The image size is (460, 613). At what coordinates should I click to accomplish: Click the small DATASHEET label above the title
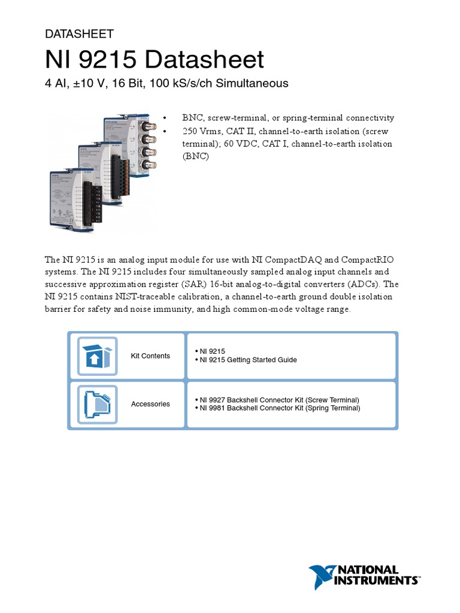[x=79, y=34]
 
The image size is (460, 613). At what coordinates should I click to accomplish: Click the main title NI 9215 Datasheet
[x=155, y=60]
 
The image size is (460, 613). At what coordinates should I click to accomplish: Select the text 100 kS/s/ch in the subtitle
[x=194, y=83]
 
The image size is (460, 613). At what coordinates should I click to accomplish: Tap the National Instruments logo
[x=364, y=576]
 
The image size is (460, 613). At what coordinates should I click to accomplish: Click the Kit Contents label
[x=150, y=356]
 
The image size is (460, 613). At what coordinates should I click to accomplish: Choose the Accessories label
[x=150, y=404]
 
